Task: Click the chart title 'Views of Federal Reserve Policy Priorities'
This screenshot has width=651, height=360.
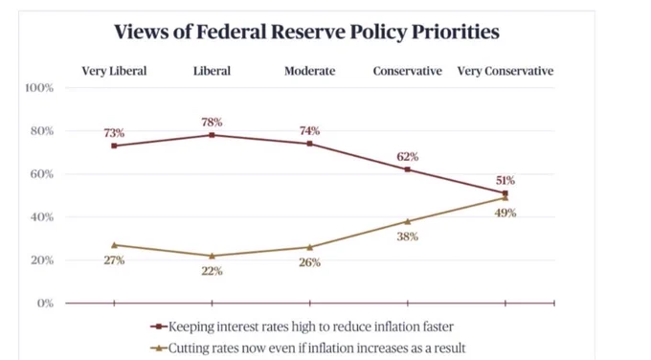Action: coord(306,32)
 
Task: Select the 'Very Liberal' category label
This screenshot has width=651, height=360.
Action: coord(114,71)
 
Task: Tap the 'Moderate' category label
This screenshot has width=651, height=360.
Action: coord(310,71)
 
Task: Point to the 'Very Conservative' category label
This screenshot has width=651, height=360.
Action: coord(505,71)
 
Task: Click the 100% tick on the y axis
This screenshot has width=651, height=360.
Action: coord(39,88)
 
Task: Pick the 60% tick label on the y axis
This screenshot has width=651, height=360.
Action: coord(42,174)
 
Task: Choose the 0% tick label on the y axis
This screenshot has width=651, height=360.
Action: coord(45,304)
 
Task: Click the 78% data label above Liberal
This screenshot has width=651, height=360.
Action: coord(212,123)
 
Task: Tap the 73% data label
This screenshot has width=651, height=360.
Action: coord(114,133)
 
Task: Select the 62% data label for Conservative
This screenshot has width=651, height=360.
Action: coord(407,156)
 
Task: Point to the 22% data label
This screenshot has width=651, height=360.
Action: coord(212,271)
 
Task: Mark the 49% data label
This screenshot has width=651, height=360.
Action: coord(505,213)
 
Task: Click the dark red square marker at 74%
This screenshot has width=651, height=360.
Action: coord(310,144)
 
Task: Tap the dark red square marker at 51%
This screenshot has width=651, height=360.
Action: coord(505,193)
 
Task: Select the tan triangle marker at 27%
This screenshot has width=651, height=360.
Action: coord(114,245)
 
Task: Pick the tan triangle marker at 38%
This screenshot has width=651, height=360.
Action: coord(407,221)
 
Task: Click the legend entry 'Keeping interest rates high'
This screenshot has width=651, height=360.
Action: coord(302,326)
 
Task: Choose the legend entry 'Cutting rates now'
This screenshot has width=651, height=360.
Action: coord(308,348)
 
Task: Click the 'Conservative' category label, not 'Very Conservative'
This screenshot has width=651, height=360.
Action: coord(407,71)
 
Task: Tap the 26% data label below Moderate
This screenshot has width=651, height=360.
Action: coord(310,262)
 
